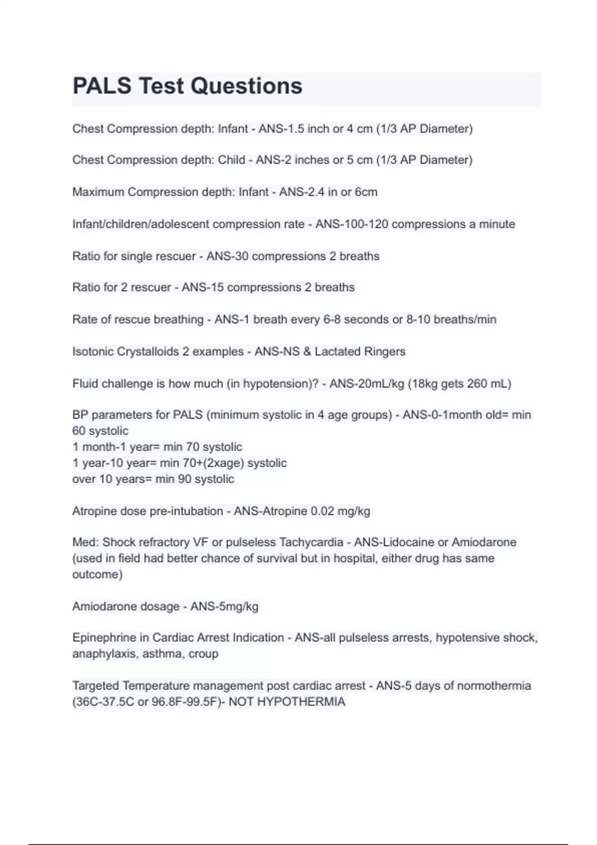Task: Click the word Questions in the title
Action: click(246, 86)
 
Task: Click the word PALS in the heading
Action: click(102, 86)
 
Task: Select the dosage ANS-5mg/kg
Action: click(224, 606)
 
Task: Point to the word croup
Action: click(203, 654)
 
